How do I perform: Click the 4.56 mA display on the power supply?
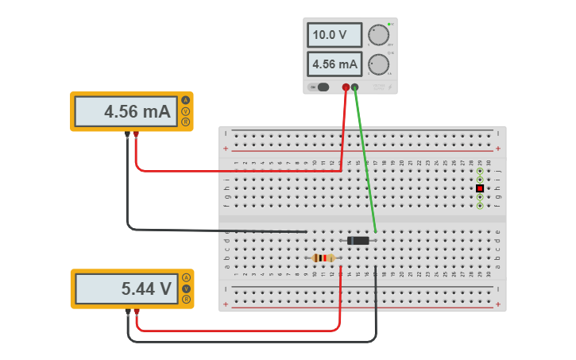pyautogui.click(x=334, y=64)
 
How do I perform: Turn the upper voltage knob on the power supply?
pyautogui.click(x=378, y=35)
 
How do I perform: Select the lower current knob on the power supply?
pyautogui.click(x=378, y=64)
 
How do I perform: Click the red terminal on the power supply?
pyautogui.click(x=346, y=87)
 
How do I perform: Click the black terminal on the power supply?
pyautogui.click(x=355, y=87)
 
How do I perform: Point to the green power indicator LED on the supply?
pyautogui.click(x=390, y=24)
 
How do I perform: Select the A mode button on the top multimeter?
pyautogui.click(x=186, y=100)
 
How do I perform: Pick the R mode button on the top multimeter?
pyautogui.click(x=186, y=122)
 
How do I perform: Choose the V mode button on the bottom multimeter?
pyautogui.click(x=186, y=288)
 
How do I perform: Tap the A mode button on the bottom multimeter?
pyautogui.click(x=186, y=277)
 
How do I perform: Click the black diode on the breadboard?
pyautogui.click(x=358, y=240)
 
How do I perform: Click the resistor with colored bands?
pyautogui.click(x=323, y=257)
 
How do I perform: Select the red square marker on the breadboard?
pyautogui.click(x=480, y=188)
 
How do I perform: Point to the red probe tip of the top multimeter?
pyautogui.click(x=137, y=134)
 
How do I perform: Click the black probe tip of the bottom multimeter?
pyautogui.click(x=128, y=312)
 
